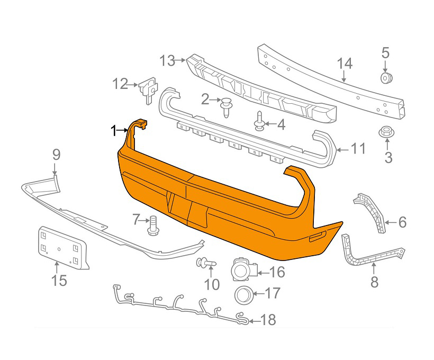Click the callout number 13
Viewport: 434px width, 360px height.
(x=168, y=61)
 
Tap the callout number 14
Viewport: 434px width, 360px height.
(x=345, y=64)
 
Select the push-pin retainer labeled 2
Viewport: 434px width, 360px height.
(x=226, y=107)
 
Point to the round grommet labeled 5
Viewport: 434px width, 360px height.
(x=385, y=78)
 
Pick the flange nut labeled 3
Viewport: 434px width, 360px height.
(x=386, y=132)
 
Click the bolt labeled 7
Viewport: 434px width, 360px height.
(x=153, y=225)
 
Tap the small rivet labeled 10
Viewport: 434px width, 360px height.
(x=205, y=262)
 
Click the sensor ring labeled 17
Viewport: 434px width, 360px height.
(x=244, y=295)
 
